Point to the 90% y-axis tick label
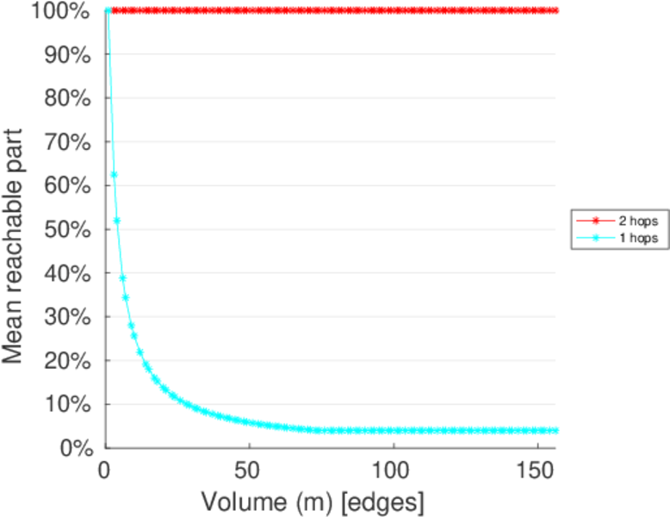coord(64,54)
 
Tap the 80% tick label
coord(64,98)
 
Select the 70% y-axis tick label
coord(64,142)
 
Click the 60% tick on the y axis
coord(64,185)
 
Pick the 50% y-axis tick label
coord(64,229)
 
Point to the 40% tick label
coord(64,273)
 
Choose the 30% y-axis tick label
coord(64,316)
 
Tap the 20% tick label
coord(64,360)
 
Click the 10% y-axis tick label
coord(64,404)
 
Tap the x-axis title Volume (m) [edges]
coord(313,500)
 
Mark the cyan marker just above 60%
coord(114,175)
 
